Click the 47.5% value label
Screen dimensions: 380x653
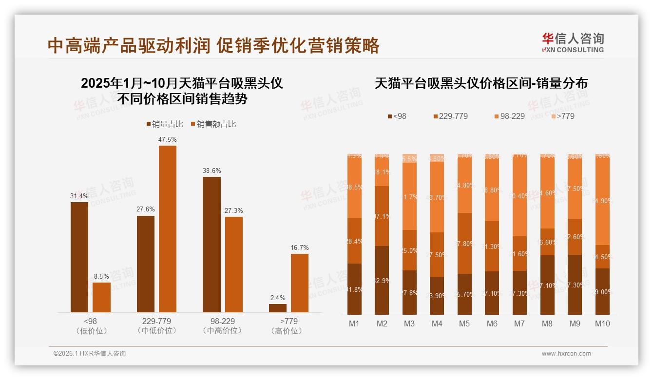(167, 139)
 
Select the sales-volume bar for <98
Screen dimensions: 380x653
(79, 257)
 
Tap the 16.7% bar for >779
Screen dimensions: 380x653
(300, 283)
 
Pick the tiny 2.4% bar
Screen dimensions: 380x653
(278, 308)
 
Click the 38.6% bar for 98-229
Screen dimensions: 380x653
(211, 244)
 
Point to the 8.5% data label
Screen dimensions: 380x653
(101, 276)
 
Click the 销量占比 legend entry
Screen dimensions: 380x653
(165, 124)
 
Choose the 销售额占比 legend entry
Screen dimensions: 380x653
(213, 124)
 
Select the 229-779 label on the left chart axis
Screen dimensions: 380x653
(157, 322)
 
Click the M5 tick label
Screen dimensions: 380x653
(464, 323)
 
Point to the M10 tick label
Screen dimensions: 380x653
(602, 323)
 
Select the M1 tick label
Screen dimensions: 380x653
(354, 323)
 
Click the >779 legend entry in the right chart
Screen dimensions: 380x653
(562, 116)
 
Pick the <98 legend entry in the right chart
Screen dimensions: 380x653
(397, 116)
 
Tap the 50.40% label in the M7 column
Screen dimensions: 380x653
(519, 196)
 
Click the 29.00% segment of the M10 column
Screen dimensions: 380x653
(602, 291)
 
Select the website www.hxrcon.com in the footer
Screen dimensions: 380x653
(566, 354)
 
